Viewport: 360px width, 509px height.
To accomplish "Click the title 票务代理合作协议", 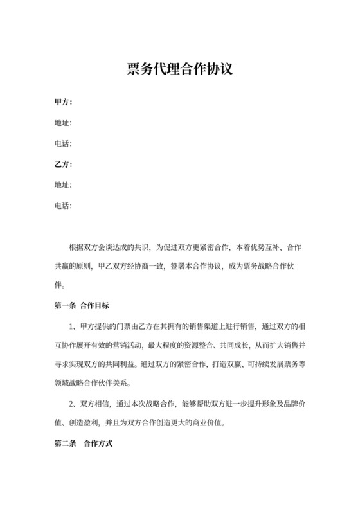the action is click(x=179, y=68).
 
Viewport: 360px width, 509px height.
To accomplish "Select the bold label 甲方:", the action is click(x=63, y=102).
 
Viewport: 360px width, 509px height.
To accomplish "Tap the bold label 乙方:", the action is click(x=63, y=164).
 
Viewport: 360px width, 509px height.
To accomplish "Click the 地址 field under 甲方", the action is click(x=63, y=123).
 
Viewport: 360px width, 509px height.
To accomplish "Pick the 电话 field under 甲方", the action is click(x=63, y=143).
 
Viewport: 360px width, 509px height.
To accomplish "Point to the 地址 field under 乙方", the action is click(x=63, y=185).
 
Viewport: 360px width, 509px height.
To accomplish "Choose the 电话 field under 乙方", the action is click(x=63, y=206).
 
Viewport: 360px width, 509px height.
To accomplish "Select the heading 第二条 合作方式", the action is click(x=84, y=444).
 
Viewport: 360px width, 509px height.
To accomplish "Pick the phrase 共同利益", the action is click(x=134, y=363).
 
